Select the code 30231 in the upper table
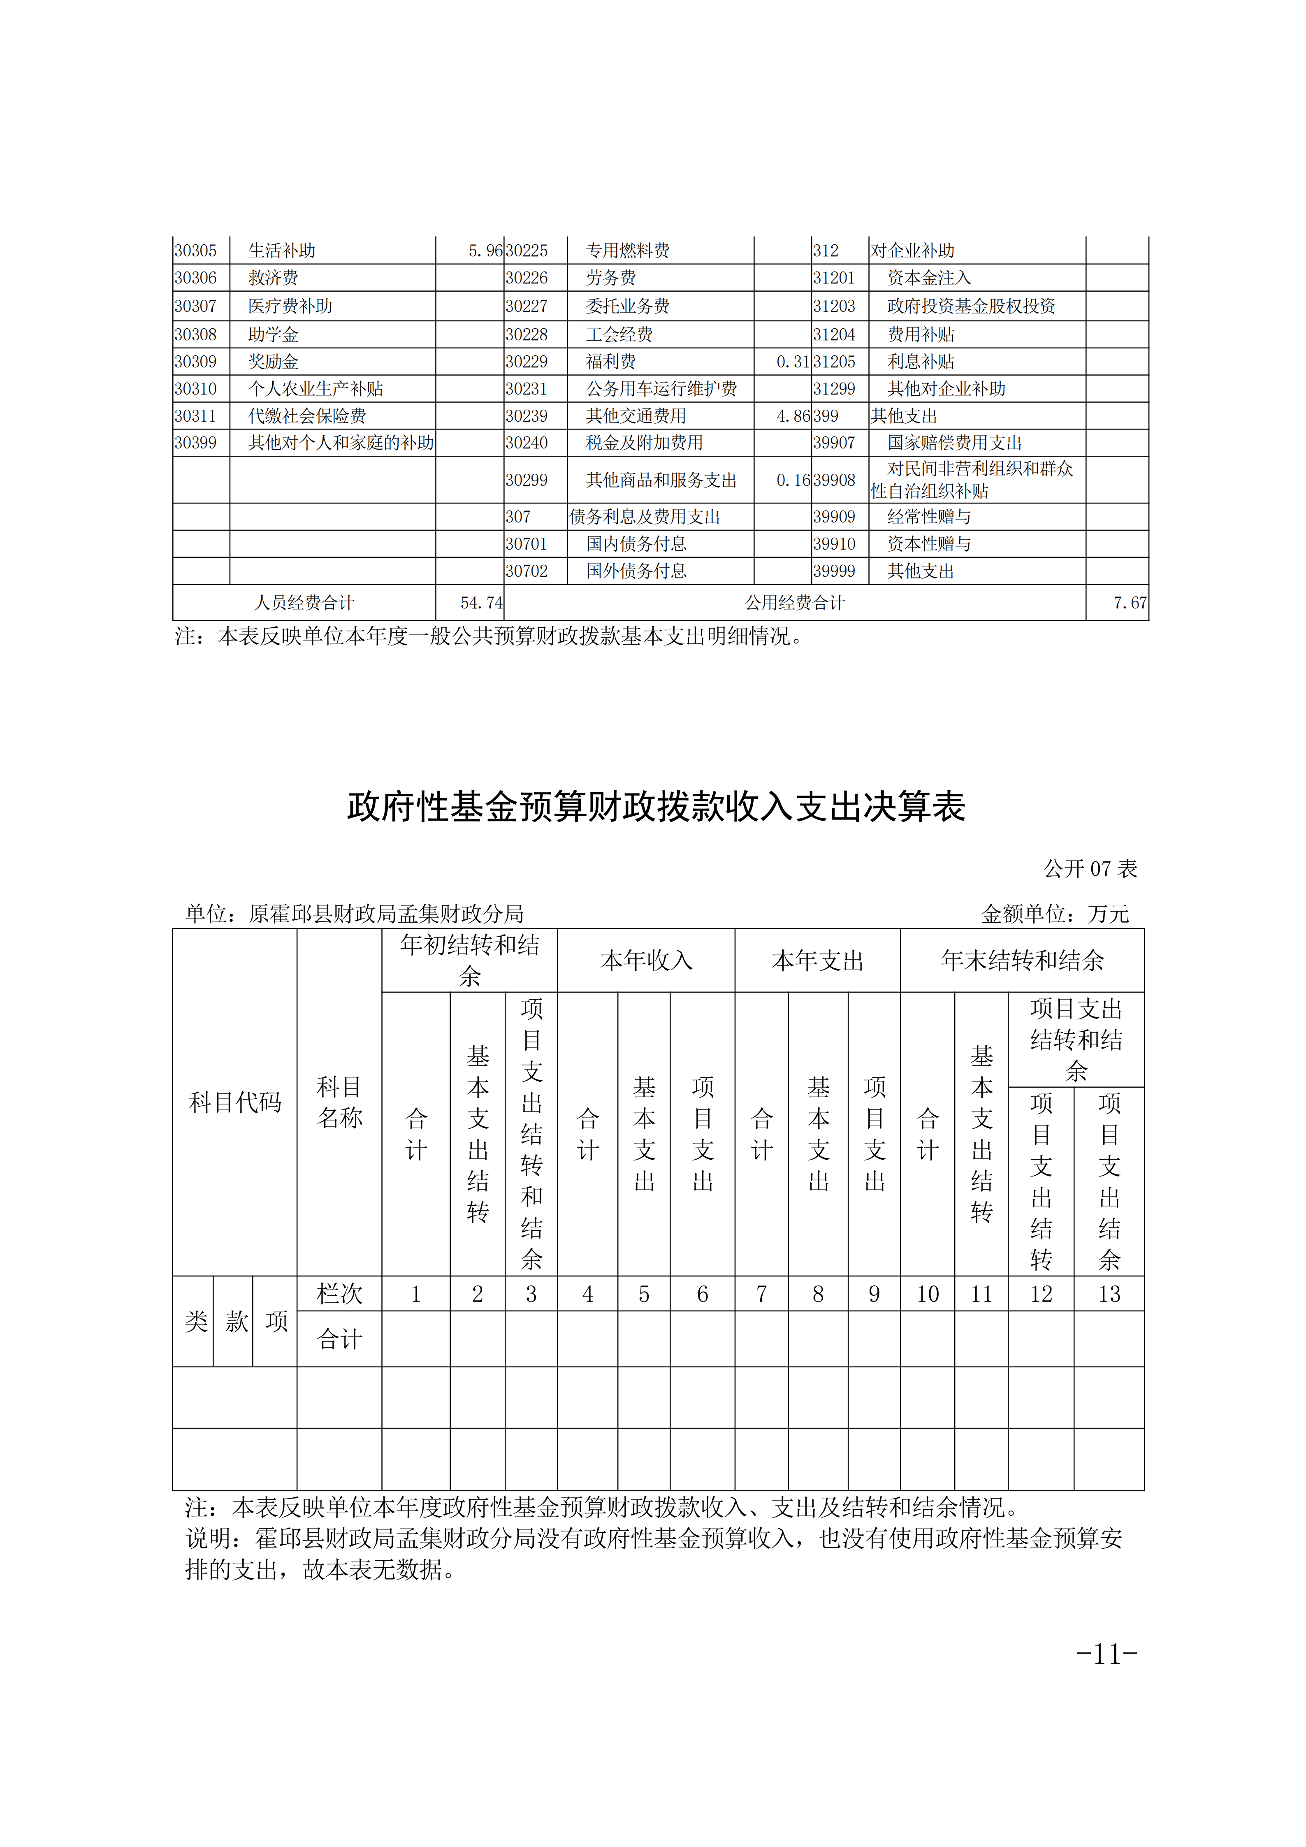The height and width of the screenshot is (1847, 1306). tap(527, 389)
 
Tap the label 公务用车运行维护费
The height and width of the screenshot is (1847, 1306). tap(661, 389)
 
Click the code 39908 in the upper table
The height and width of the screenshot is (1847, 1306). tap(834, 480)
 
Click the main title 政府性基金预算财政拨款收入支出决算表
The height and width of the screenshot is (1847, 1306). tap(655, 807)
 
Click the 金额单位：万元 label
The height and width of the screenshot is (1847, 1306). tap(1054, 914)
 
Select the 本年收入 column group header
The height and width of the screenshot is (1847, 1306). tap(646, 961)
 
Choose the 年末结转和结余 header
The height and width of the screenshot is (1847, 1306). tap(1022, 961)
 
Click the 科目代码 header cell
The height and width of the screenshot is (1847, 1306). tap(235, 1102)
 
